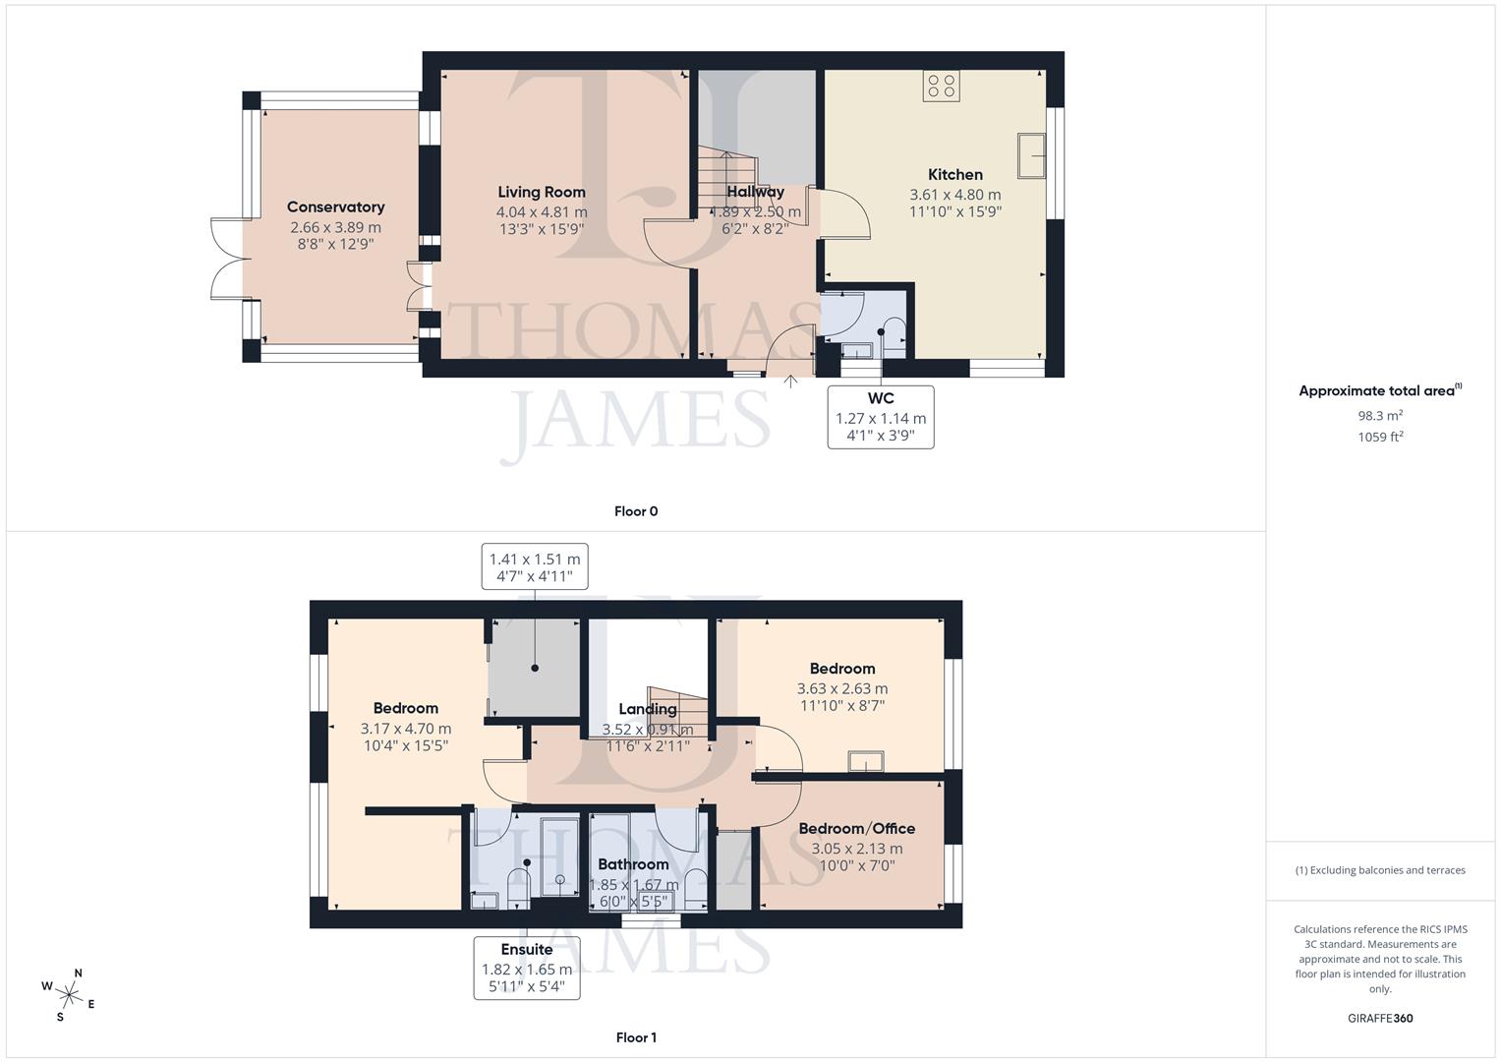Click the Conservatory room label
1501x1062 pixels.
[x=335, y=206]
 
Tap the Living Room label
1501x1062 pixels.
[x=541, y=192]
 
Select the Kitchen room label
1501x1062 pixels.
[x=954, y=174]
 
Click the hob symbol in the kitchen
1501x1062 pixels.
[x=941, y=87]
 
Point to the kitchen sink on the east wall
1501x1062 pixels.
[x=1032, y=155]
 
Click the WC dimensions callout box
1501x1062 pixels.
[x=881, y=418]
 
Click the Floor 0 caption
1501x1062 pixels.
[x=635, y=511]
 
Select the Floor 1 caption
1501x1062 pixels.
[x=635, y=1037]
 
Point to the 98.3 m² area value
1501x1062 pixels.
[x=1380, y=416]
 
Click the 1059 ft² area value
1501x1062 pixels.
[x=1380, y=438]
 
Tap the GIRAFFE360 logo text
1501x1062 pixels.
[x=1381, y=1018]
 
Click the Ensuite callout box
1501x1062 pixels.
[x=527, y=968]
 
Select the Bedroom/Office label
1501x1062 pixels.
[x=856, y=828]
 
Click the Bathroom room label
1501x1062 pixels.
[x=633, y=864]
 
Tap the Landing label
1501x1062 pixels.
[x=647, y=709]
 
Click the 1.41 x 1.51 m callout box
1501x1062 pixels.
[x=535, y=566]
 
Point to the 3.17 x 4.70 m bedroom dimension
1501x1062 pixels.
[x=405, y=729]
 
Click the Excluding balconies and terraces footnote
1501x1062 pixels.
[x=1380, y=870]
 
